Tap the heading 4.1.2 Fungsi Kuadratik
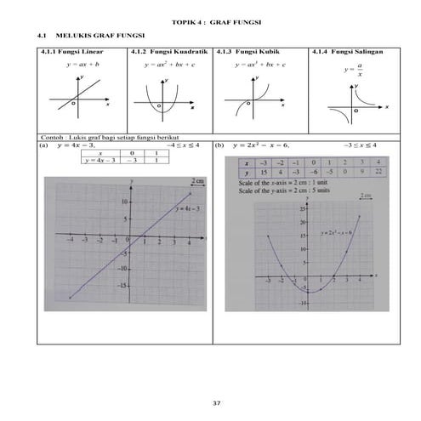click(x=169, y=52)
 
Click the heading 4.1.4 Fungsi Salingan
click(x=348, y=52)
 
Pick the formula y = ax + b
click(x=82, y=64)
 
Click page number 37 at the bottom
click(x=215, y=401)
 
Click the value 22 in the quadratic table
click(x=378, y=171)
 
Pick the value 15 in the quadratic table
click(x=265, y=171)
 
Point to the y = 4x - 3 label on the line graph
click(x=187, y=208)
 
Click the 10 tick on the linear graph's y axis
click(x=125, y=202)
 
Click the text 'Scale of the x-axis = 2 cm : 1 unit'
click(x=275, y=180)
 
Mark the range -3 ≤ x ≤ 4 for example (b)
click(x=361, y=145)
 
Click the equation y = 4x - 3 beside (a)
click(x=77, y=145)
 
